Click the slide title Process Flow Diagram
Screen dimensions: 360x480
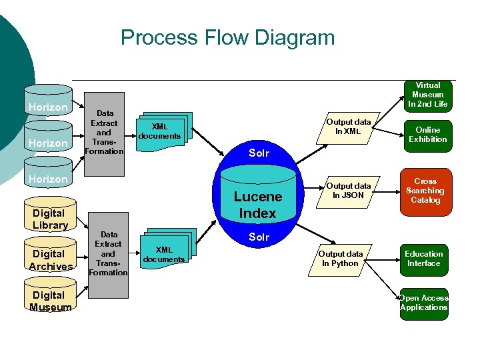(227, 37)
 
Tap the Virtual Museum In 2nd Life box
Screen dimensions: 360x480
(428, 95)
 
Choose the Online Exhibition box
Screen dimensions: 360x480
(428, 135)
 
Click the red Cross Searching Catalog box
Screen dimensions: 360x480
(425, 191)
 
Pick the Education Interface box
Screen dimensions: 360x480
(424, 259)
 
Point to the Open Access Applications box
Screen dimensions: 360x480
(424, 303)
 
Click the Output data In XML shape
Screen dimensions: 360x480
(348, 127)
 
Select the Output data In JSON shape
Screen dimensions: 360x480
(348, 191)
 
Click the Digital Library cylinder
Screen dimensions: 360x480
(50, 216)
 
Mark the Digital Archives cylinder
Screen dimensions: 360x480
(50, 257)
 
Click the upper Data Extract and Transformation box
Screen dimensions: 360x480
(104, 133)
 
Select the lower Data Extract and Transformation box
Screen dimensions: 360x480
(108, 255)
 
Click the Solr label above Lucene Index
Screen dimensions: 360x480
(259, 153)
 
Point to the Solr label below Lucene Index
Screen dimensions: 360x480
(259, 237)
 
